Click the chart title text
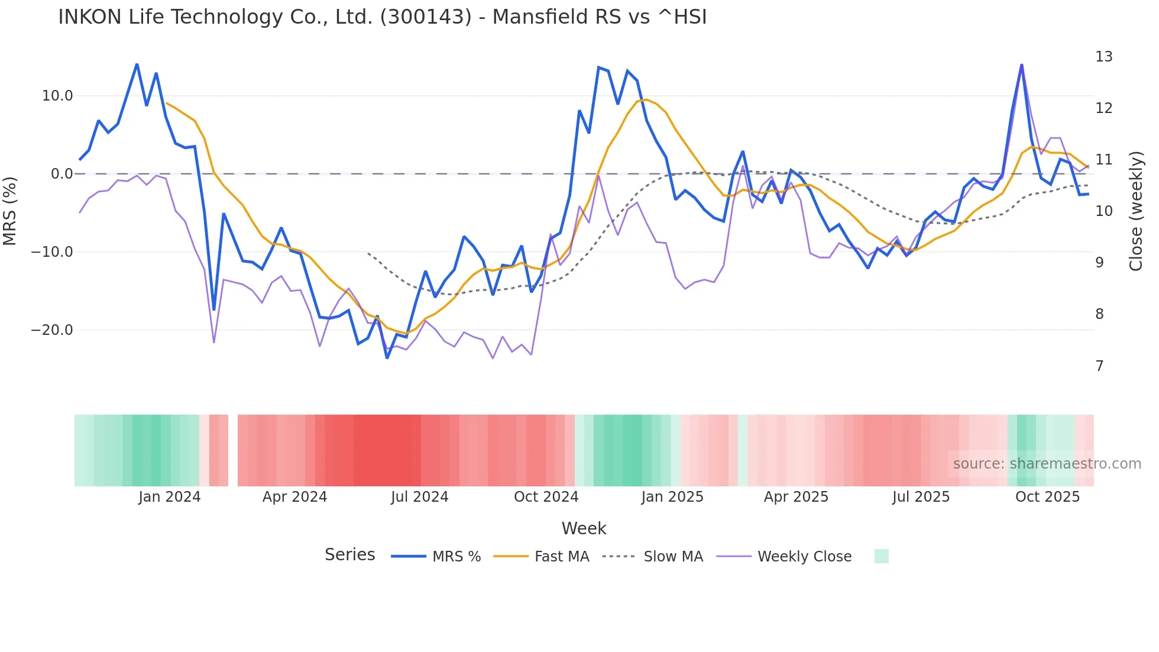point(382,17)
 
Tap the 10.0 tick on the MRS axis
point(57,96)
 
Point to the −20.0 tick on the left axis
point(52,330)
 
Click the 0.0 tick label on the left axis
point(61,174)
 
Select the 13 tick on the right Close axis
point(1103,57)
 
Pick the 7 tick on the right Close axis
point(1099,366)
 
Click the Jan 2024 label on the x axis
point(169,497)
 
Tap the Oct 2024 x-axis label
point(546,497)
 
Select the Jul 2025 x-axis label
point(921,497)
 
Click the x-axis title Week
point(584,528)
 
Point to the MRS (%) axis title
point(10,211)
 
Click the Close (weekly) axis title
point(1136,211)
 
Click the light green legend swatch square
point(881,556)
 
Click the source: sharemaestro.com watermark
point(1047,464)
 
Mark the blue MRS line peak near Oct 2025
point(1021,65)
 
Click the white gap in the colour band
point(233,450)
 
